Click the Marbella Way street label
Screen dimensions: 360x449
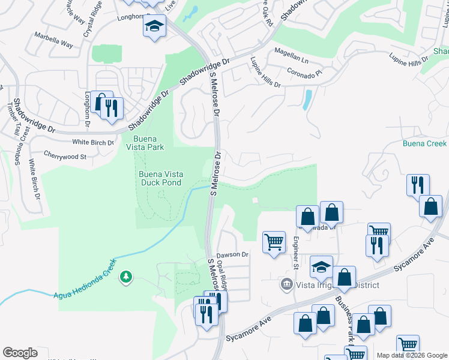pyautogui.click(x=53, y=45)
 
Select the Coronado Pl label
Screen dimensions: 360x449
pyautogui.click(x=304, y=70)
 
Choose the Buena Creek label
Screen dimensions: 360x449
pyautogui.click(x=424, y=143)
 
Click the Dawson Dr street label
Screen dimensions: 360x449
pyautogui.click(x=232, y=254)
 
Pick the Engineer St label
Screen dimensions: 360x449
pyautogui.click(x=295, y=253)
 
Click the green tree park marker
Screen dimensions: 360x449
pyautogui.click(x=125, y=277)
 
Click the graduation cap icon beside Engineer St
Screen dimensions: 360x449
pyautogui.click(x=321, y=266)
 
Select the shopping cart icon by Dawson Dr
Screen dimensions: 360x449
pyautogui.click(x=274, y=242)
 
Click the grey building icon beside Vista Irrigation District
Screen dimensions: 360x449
pyautogui.click(x=287, y=284)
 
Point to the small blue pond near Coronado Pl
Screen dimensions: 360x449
pyautogui.click(x=307, y=100)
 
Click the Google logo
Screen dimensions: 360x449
pyautogui.click(x=20, y=353)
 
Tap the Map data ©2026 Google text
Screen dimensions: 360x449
pyautogui.click(x=411, y=355)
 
